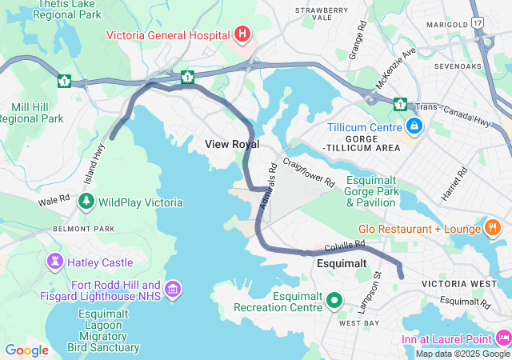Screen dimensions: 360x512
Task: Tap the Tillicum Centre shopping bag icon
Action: point(414,126)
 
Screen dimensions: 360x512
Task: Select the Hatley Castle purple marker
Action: point(54,261)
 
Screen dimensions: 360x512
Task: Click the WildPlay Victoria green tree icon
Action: point(86,202)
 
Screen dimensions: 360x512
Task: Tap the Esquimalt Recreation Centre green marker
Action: point(335,301)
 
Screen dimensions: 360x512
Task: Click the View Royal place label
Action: point(232,144)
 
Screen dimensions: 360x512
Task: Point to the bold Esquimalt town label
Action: point(342,262)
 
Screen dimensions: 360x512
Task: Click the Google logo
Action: point(26,350)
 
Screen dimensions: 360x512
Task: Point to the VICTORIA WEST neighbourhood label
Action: point(453,284)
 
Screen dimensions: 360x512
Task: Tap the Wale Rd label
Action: point(54,199)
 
